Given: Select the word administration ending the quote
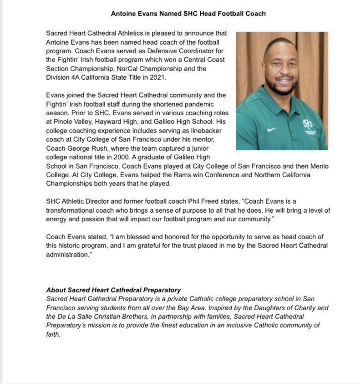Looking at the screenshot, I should (x=67, y=255).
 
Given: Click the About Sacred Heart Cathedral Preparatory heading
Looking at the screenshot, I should (x=113, y=290).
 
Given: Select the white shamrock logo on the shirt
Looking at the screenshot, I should (x=308, y=124).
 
